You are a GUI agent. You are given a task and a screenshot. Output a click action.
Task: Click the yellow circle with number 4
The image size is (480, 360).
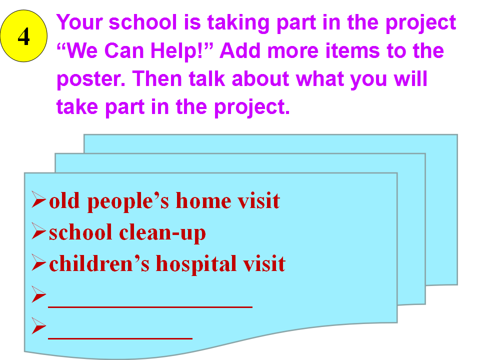click(24, 36)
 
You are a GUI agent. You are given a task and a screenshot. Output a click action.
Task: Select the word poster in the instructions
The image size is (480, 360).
click(91, 79)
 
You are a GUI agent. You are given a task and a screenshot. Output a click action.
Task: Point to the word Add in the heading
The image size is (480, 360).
click(240, 50)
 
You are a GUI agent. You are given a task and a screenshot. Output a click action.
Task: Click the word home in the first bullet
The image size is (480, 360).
click(203, 201)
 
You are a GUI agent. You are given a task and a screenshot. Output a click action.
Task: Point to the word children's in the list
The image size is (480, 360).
click(99, 263)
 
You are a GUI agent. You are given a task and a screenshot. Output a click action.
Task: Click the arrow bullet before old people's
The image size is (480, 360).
click(39, 200)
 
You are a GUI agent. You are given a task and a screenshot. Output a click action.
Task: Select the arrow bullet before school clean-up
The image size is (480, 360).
click(39, 231)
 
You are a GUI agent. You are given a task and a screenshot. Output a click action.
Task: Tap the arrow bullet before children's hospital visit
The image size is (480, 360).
click(39, 263)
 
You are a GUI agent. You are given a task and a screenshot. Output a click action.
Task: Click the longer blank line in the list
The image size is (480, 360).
click(150, 306)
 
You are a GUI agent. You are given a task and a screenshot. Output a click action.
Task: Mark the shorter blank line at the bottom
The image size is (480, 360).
click(120, 338)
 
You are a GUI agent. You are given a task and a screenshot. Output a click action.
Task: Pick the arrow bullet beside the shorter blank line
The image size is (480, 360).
click(39, 325)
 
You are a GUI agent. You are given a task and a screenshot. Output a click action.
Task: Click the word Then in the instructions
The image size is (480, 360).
click(157, 78)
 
